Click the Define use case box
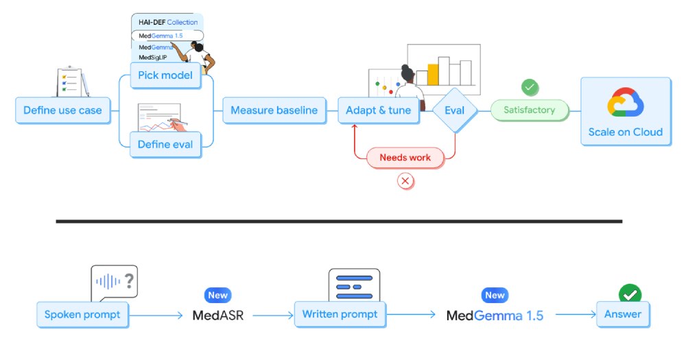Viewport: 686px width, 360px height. (x=62, y=110)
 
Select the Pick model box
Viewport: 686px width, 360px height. (x=165, y=75)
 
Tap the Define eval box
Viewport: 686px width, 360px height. (x=165, y=144)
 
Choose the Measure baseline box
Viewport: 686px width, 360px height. (x=274, y=110)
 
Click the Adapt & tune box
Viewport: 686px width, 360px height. (x=379, y=110)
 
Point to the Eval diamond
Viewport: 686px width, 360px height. (x=454, y=110)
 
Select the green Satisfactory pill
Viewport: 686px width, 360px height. (x=530, y=110)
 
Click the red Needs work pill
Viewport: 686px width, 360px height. (x=405, y=158)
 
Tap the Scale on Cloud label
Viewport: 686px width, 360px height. (x=626, y=132)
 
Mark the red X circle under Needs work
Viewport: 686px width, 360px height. (x=405, y=181)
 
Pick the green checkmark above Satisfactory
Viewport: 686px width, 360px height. (x=530, y=88)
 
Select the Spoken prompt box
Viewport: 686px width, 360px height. (x=82, y=315)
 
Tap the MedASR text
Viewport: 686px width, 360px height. (x=219, y=315)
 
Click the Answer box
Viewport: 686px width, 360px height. (x=622, y=314)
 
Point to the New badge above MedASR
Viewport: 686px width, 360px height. (x=217, y=296)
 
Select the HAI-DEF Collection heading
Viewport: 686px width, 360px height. (x=168, y=23)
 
